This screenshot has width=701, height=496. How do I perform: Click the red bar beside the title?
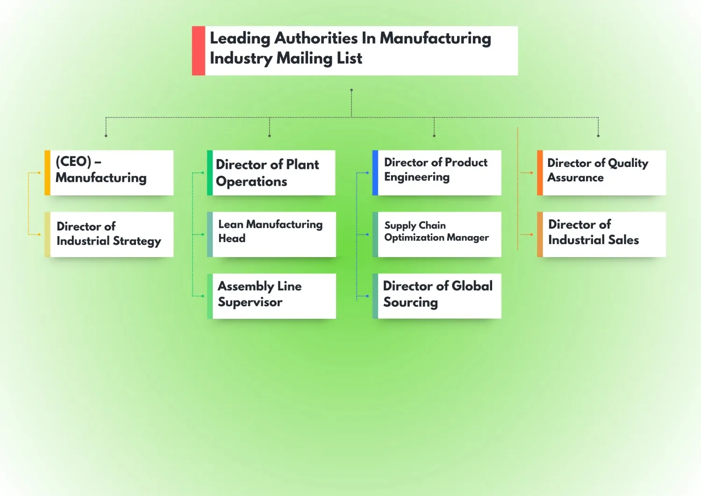point(199,50)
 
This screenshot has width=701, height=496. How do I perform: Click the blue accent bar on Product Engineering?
point(375,173)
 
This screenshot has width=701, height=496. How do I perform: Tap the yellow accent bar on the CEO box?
point(47,173)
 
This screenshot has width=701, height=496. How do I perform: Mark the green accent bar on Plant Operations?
point(210,173)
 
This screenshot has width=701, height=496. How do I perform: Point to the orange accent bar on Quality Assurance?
point(540,173)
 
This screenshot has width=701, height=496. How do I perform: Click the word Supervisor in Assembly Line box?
point(250,302)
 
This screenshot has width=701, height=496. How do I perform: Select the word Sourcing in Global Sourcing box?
point(410,302)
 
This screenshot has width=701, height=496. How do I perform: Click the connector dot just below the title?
point(351,90)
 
